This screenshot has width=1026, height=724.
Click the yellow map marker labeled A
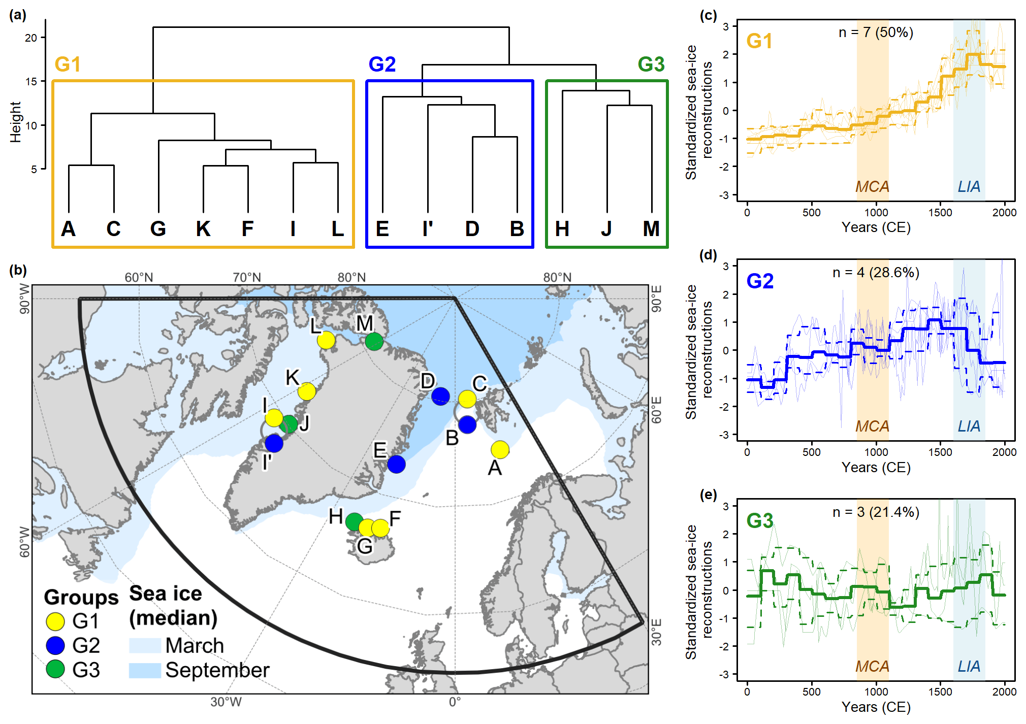(x=500, y=449)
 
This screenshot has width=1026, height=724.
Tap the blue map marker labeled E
(x=396, y=464)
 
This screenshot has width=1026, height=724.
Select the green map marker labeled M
(x=374, y=341)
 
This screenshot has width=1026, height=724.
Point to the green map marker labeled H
(x=354, y=521)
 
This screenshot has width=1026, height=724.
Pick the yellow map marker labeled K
(x=307, y=391)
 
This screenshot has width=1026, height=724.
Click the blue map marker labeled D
(x=440, y=396)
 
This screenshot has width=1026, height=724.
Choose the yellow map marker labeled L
(x=326, y=340)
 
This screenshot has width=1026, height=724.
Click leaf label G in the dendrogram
(x=158, y=229)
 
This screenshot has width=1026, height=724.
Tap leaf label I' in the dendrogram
(x=428, y=229)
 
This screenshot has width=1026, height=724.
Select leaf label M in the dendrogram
(x=651, y=229)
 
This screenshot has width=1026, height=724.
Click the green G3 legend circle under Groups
(x=55, y=669)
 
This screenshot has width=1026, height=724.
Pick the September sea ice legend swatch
(x=145, y=670)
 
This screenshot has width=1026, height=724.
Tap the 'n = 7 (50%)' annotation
(x=876, y=32)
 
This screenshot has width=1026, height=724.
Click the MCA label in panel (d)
(x=872, y=426)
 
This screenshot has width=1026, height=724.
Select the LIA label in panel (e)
(x=969, y=666)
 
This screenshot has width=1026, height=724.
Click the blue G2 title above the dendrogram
(x=382, y=64)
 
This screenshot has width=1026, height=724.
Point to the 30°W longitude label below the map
(x=226, y=702)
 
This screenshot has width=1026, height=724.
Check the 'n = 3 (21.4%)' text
(x=876, y=512)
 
